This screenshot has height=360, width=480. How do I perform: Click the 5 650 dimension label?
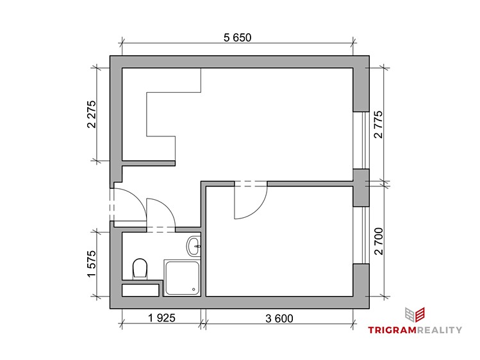[238, 38]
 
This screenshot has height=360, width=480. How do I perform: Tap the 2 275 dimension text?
[92, 115]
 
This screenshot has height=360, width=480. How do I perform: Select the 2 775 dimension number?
[378, 124]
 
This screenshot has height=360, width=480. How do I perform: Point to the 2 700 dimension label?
[378, 241]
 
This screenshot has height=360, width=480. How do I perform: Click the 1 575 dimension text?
[92, 264]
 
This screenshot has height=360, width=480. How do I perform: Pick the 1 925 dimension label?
[161, 318]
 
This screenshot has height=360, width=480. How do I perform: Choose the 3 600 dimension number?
[279, 318]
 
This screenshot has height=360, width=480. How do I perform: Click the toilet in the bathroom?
[140, 268]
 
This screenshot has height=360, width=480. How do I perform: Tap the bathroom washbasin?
[194, 246]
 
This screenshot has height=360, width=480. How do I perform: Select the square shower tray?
[182, 278]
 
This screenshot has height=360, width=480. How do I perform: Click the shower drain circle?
[194, 289]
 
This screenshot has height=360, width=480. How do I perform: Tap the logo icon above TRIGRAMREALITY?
[415, 315]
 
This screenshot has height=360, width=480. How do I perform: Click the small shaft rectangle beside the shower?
[140, 290]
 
